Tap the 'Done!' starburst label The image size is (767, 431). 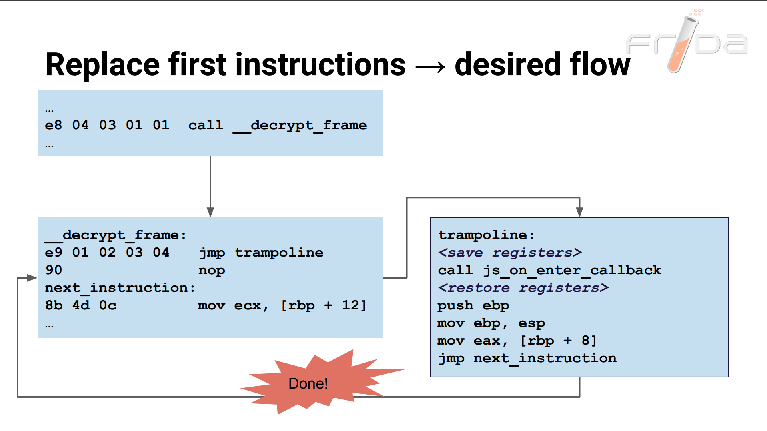point(308,383)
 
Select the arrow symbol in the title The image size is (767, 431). point(430,66)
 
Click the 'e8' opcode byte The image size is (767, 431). point(54,125)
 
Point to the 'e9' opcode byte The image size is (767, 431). point(54,253)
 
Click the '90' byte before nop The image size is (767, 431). point(54,270)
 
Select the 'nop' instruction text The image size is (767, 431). point(212,271)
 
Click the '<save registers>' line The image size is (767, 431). point(510,253)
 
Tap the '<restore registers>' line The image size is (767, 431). point(523,288)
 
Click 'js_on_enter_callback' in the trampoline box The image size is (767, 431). point(572,270)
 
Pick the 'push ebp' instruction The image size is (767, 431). point(473,305)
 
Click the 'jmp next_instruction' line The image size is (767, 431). point(527,358)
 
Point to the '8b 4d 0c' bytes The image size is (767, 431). point(81,305)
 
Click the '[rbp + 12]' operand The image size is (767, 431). point(323,305)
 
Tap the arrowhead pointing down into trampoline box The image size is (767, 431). point(579,212)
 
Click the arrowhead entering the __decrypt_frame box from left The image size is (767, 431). point(32,278)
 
